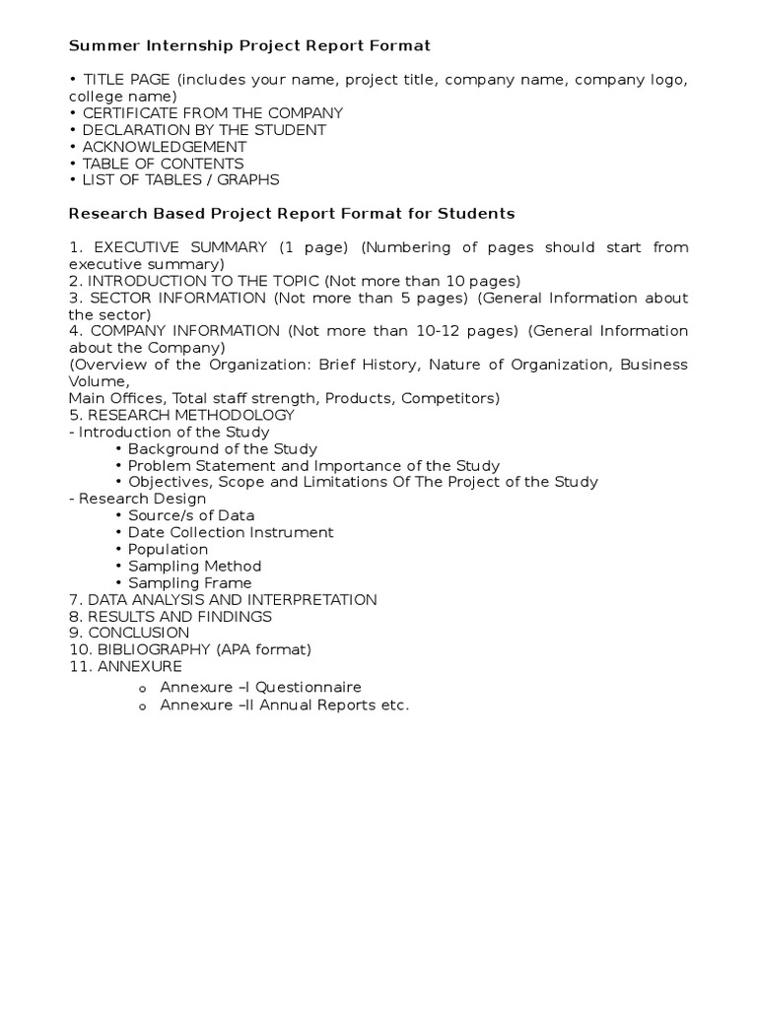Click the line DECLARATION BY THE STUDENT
[x=204, y=130]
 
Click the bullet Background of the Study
[x=222, y=448]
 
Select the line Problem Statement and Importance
[x=313, y=465]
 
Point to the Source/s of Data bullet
[x=191, y=515]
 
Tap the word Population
[x=169, y=549]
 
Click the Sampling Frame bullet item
[x=189, y=582]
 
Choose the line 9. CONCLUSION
[x=129, y=633]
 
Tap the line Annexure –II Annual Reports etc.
[x=284, y=706]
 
